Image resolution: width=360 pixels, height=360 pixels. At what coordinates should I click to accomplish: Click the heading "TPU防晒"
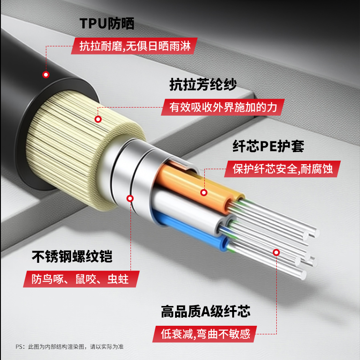coord(107,23)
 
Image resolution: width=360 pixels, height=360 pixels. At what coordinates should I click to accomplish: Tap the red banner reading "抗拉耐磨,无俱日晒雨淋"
coord(134,46)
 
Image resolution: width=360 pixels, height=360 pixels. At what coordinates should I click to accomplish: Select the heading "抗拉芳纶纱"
coord(203,84)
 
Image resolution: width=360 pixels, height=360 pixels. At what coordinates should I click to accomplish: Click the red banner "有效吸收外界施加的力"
coord(223,107)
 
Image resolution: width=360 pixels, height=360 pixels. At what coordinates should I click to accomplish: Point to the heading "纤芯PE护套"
coord(268,146)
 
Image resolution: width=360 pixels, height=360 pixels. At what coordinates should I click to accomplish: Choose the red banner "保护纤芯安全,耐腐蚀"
coord(283,169)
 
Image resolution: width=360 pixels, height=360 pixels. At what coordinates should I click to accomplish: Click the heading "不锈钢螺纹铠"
coord(72,256)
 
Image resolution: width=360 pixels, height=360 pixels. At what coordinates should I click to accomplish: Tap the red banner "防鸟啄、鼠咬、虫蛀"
coord(81,279)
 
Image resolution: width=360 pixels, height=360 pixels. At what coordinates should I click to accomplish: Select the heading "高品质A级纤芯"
coord(206,311)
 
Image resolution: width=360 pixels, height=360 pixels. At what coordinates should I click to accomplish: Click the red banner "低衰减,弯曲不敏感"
coord(205,334)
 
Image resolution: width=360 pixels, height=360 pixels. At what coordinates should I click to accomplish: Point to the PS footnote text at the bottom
coord(70,346)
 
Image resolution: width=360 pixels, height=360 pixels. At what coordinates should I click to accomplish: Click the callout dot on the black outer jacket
coord(46,75)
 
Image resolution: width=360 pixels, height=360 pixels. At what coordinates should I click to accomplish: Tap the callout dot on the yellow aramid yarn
coord(98,119)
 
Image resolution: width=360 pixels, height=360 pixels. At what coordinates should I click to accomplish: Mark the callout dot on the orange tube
coord(204,193)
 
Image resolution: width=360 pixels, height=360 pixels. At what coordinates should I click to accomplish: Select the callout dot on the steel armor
coord(130,198)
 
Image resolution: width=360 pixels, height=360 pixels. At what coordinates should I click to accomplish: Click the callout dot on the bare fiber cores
coord(276,252)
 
